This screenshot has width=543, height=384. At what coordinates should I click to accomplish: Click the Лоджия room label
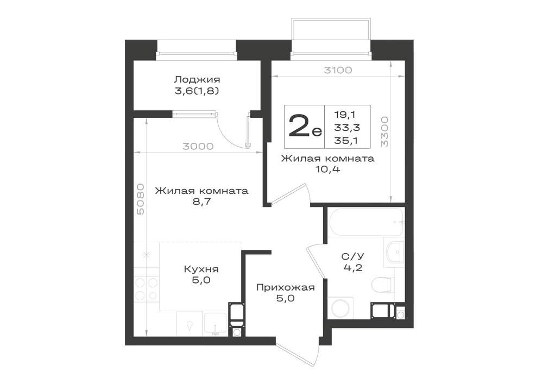pyautogui.click(x=197, y=80)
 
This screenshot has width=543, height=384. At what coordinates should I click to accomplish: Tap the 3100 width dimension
pyautogui.click(x=338, y=70)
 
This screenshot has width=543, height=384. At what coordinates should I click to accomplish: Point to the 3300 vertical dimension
pyautogui.click(x=385, y=131)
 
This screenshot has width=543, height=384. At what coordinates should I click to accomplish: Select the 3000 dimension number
pyautogui.click(x=198, y=147)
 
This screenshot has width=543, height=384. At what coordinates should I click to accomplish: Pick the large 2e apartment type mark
pyautogui.click(x=305, y=127)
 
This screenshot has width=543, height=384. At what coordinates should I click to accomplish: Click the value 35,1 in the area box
pyautogui.click(x=346, y=141)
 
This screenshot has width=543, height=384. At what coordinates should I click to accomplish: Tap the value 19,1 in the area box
pyautogui.click(x=345, y=114)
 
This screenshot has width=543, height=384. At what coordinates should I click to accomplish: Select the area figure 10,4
pyautogui.click(x=327, y=169)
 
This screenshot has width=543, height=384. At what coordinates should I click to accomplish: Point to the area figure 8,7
pyautogui.click(x=201, y=202)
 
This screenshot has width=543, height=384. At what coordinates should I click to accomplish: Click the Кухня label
pyautogui.click(x=201, y=269)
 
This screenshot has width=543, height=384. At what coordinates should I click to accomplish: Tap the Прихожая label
pyautogui.click(x=286, y=287)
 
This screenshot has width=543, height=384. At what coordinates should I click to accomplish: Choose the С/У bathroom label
pyautogui.click(x=353, y=256)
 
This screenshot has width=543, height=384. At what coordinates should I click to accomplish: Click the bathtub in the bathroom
pyautogui.click(x=367, y=222)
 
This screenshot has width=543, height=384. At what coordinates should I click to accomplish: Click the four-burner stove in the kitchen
pyautogui.click(x=147, y=289)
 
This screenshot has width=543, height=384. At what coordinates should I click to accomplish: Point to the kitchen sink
pyautogui.click(x=215, y=324)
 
